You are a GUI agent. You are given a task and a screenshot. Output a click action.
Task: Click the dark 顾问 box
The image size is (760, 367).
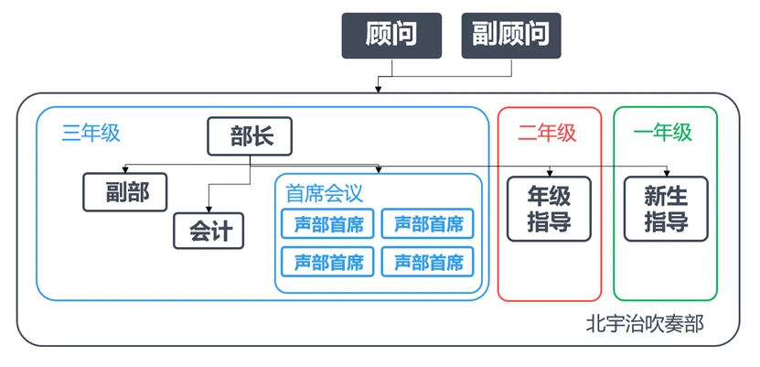pyautogui.click(x=391, y=35)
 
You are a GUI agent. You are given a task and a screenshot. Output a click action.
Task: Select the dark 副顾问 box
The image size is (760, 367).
pyautogui.click(x=511, y=35)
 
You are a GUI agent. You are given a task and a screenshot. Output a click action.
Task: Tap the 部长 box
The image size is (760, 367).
pyautogui.click(x=250, y=137)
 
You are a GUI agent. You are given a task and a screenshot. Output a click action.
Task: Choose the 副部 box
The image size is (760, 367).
pyautogui.click(x=126, y=191)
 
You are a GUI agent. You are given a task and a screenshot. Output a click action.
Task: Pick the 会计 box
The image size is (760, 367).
pyautogui.click(x=209, y=231)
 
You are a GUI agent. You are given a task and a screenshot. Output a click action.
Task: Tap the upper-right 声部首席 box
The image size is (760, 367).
pyautogui.click(x=427, y=223)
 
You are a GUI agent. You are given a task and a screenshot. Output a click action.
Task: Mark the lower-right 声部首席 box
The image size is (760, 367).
pyautogui.click(x=427, y=262)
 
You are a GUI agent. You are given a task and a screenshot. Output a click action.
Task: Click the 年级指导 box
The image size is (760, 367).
pyautogui.click(x=549, y=209)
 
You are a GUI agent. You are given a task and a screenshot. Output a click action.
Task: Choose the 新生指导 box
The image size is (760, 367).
pyautogui.click(x=666, y=209)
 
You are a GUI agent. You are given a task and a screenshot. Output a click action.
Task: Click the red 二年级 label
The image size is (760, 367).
pyautogui.click(x=547, y=133)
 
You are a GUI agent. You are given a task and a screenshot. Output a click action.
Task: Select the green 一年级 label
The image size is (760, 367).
pyautogui.click(x=663, y=133)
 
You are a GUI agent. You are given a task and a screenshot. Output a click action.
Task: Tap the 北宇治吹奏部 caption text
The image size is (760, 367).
pyautogui.click(x=645, y=324)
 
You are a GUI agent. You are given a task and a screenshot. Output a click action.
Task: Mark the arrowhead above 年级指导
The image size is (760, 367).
pyautogui.click(x=549, y=172)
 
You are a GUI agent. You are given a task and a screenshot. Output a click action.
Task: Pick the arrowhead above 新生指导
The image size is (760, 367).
pyautogui.click(x=666, y=172)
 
